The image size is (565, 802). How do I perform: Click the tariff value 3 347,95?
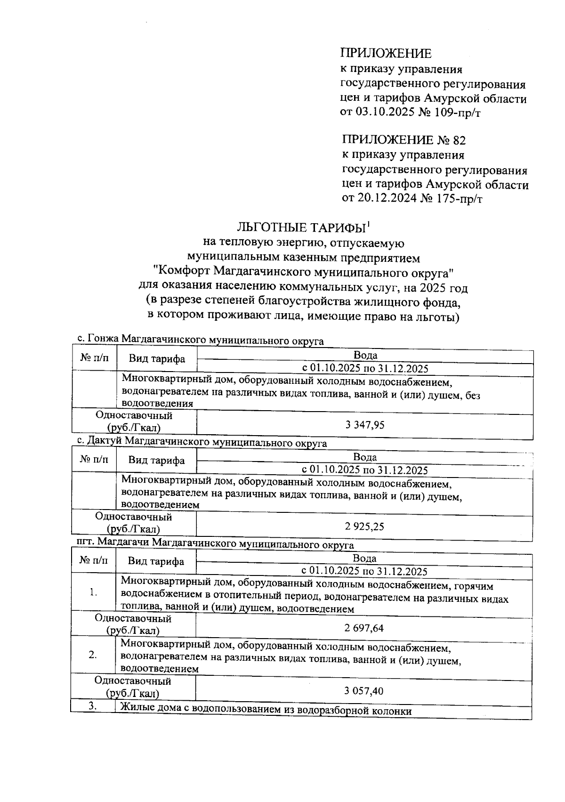[x=365, y=425]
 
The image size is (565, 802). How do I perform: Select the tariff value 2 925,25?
[x=364, y=527]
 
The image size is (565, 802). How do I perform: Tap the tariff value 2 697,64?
[x=364, y=628]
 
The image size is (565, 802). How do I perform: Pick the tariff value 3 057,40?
[x=364, y=691]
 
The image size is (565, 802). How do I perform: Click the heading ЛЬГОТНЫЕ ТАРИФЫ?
[x=301, y=228]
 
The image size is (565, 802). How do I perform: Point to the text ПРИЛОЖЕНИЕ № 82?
[x=404, y=140]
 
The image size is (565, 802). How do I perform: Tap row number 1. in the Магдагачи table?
[x=93, y=592]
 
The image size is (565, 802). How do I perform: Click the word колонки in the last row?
[x=392, y=711]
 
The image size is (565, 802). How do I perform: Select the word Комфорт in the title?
[x=184, y=272]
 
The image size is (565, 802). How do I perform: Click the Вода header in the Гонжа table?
[x=365, y=356]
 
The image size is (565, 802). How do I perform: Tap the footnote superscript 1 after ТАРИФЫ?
[x=369, y=224]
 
